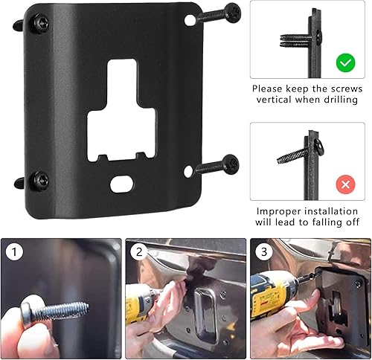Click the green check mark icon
[344, 63]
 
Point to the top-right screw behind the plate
[222, 13]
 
